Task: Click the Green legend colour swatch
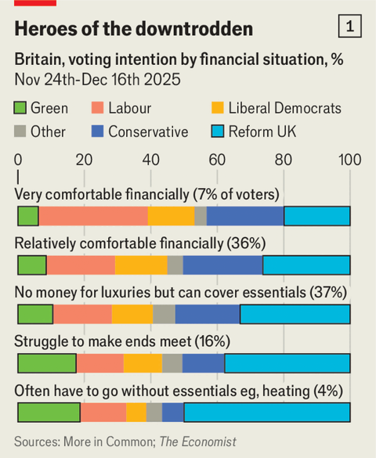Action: click(x=21, y=109)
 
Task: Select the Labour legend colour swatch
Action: click(x=99, y=109)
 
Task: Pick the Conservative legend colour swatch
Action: click(x=99, y=132)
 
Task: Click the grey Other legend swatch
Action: click(x=21, y=132)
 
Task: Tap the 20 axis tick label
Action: click(x=84, y=160)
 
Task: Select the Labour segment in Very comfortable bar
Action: click(x=93, y=216)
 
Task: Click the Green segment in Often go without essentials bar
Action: click(x=49, y=413)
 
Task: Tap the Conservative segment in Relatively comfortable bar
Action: click(x=222, y=265)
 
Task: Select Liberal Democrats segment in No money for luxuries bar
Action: click(x=132, y=314)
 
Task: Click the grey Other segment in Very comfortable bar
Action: click(x=201, y=216)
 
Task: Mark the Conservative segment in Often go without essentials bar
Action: click(x=173, y=413)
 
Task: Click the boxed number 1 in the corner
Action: click(x=349, y=27)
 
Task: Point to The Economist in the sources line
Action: click(x=197, y=442)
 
